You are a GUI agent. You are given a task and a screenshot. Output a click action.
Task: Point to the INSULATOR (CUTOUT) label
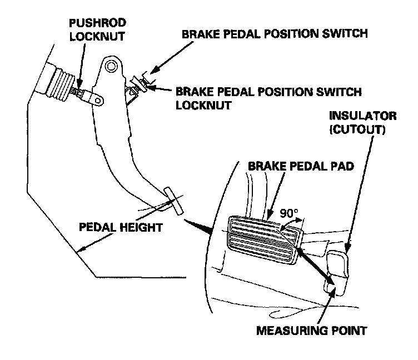363,123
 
